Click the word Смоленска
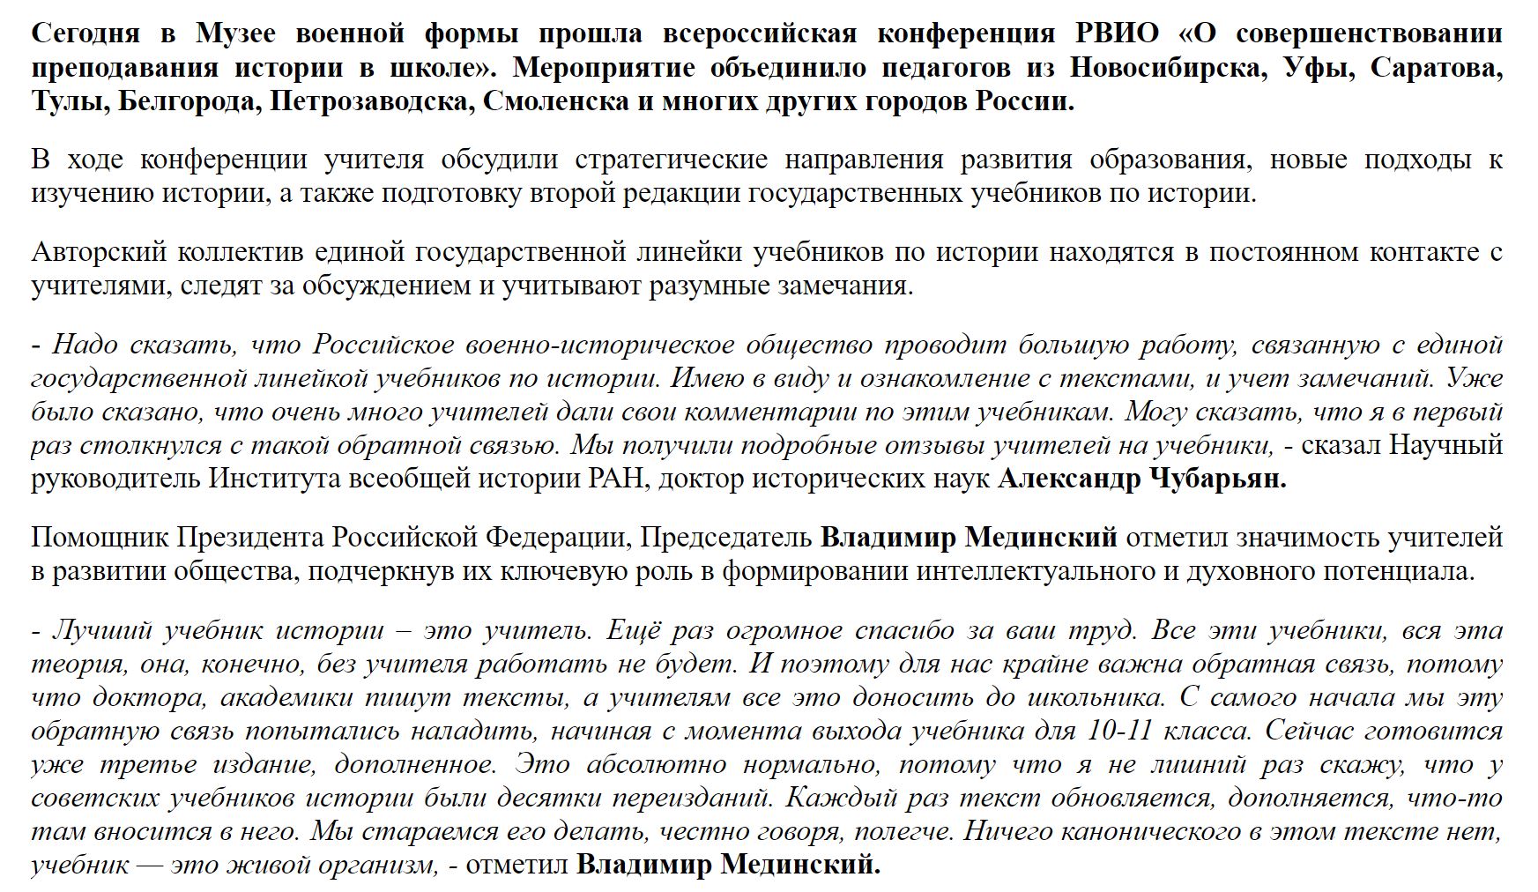pos(554,101)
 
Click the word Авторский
pos(99,252)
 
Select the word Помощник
pos(100,537)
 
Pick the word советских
pos(95,798)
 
